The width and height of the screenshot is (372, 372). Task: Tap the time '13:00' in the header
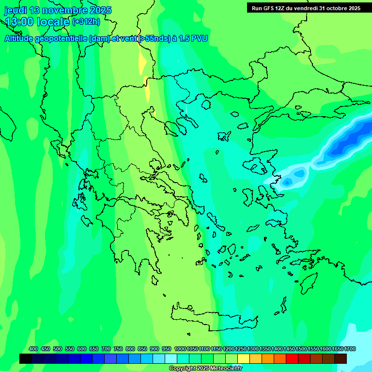coord(22,21)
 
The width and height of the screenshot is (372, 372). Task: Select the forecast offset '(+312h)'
coord(86,22)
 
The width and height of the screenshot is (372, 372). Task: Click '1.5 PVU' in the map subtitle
coord(193,39)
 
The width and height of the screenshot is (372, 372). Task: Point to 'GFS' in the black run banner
coord(273,8)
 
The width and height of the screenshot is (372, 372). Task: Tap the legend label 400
coord(33,349)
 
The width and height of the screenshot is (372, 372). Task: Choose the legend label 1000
coord(180,349)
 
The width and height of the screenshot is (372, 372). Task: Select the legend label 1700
coord(350,349)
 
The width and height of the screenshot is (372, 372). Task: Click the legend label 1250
coord(241,349)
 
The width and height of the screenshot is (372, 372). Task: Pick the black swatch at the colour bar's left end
coord(26,358)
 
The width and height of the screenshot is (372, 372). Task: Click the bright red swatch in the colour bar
coord(292,358)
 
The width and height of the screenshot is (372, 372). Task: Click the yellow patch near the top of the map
coord(142,63)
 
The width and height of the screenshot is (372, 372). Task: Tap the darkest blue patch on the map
coord(344,145)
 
